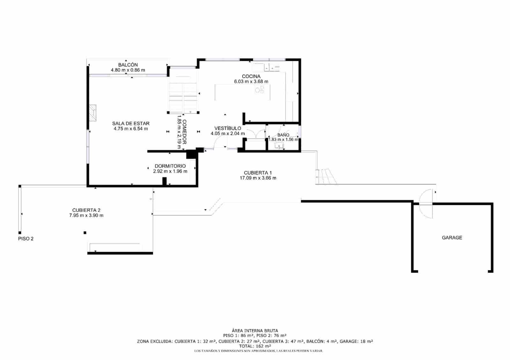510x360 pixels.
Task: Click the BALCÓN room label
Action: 128,65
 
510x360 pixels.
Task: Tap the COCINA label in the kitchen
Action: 251,76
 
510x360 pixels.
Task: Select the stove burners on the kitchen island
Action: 259,90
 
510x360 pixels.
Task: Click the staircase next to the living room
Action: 183,96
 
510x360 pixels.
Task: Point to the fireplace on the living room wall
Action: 92,113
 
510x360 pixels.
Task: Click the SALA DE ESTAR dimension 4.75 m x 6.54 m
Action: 131,129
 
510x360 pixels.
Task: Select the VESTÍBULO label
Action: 228,128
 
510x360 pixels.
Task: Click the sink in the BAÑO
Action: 279,146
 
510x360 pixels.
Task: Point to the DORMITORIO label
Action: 170,166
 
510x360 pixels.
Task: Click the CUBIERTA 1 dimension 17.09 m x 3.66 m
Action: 258,178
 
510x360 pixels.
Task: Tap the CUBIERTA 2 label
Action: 86,210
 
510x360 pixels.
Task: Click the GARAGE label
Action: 452,238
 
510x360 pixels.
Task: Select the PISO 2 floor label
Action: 26,239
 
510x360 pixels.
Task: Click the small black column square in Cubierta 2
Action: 85,233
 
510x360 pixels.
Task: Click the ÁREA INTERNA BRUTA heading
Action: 255,331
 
